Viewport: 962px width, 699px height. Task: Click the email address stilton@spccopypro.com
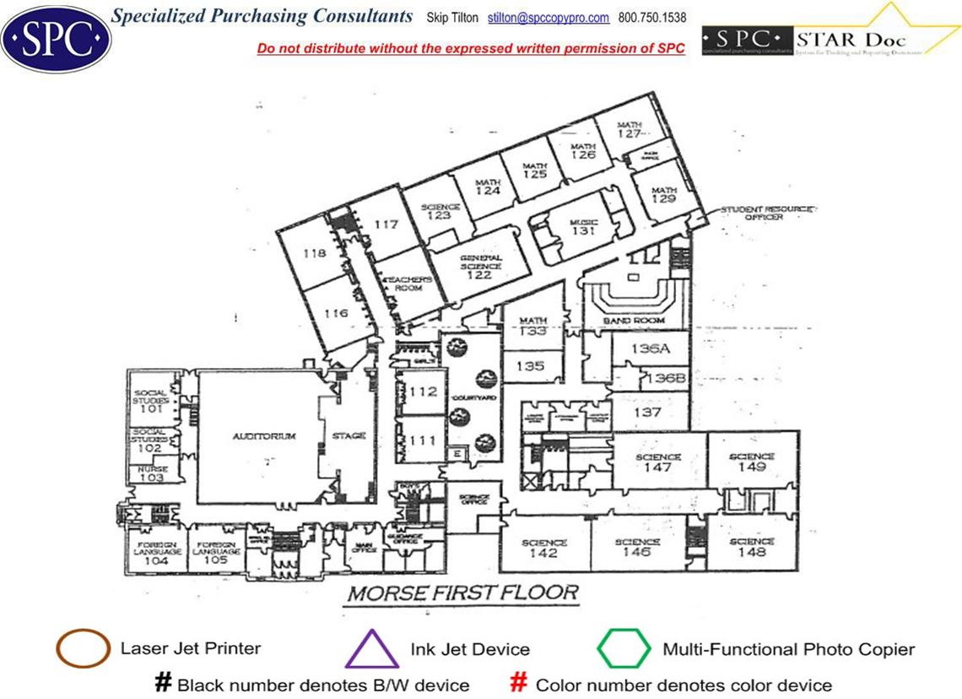point(549,18)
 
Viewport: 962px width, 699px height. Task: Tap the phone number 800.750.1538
point(652,18)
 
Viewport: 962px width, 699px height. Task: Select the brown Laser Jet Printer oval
point(82,649)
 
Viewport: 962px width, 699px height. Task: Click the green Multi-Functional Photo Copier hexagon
point(624,649)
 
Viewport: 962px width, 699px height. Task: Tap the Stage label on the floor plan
point(349,436)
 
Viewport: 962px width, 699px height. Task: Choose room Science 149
point(751,462)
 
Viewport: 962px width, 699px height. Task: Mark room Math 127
point(630,129)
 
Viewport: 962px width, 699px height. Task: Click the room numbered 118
point(314,252)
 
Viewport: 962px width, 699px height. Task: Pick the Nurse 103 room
point(153,474)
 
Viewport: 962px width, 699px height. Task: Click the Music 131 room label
point(583,226)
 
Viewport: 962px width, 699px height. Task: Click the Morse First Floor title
point(463,593)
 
